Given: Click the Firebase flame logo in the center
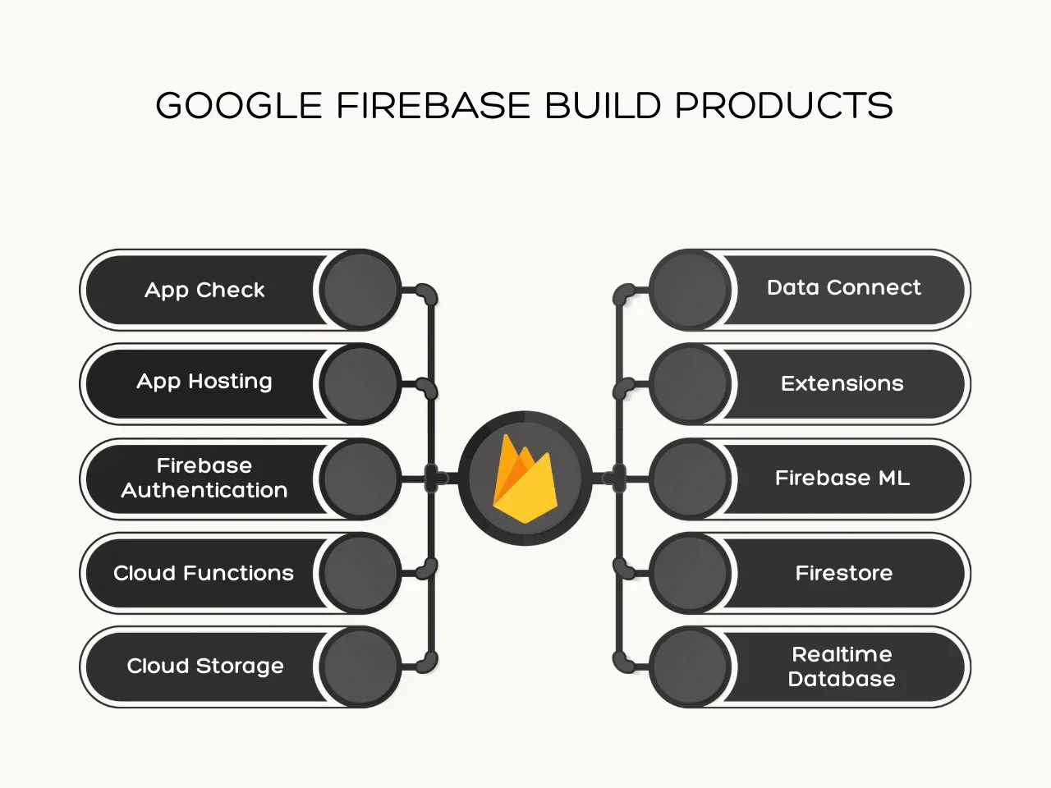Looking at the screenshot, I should pos(525,479).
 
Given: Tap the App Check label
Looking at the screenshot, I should pos(204,290).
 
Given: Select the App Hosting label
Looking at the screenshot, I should pos(204,382).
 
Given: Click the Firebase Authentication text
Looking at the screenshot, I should pos(204,478).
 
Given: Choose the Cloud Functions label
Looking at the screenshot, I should pos(204,573).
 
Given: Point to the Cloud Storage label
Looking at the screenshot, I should pos(205,666).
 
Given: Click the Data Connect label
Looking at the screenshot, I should pos(843,287).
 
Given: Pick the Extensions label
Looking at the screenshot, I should pos(842,383).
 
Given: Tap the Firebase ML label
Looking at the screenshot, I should pos(842,478).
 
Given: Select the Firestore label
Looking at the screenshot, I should pos(843,573).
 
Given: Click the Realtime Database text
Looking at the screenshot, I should pos(842,667).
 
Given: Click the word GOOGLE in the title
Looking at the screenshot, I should pos(239,106).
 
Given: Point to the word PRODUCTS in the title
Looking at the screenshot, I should pos(784,106).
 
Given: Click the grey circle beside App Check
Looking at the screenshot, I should pos(360,290).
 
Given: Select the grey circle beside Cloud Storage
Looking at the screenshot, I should pos(360,667).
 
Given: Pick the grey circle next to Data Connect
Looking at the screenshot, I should pos(691,290).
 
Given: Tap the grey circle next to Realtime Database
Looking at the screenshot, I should pos(691,667).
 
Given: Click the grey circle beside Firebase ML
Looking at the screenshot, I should pos(691,479).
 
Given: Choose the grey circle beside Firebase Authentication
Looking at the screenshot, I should pos(360,479).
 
